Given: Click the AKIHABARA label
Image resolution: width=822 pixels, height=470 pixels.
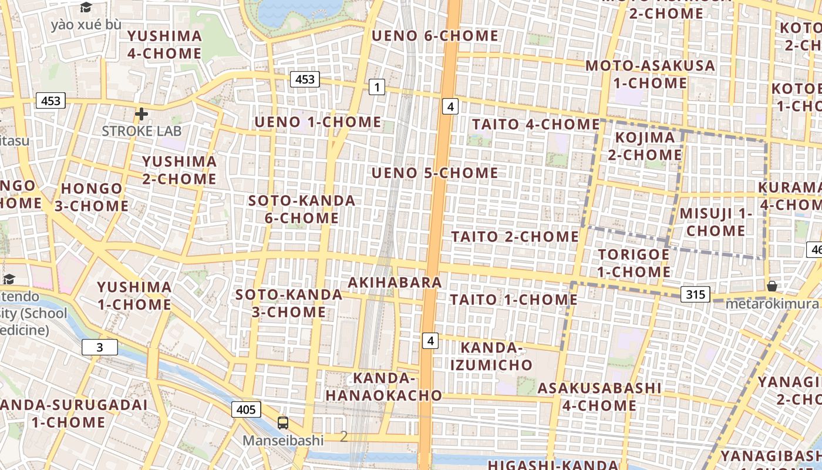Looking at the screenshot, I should tap(395, 283).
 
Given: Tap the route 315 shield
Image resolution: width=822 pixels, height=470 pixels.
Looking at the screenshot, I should tap(696, 294).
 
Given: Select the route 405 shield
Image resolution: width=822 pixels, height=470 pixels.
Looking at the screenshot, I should tap(246, 409).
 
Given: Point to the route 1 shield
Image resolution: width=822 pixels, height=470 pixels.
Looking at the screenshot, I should tap(376, 88).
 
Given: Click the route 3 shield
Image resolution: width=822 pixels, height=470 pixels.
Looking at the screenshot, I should tap(99, 347).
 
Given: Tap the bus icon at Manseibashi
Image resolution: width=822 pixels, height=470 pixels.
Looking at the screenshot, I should tap(283, 422).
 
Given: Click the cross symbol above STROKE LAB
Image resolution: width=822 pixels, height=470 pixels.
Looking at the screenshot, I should tap(141, 113).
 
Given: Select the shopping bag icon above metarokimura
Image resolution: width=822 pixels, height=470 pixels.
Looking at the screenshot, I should tap(772, 286).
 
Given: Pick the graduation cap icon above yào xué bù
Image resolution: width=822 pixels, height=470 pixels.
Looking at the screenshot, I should tap(86, 8).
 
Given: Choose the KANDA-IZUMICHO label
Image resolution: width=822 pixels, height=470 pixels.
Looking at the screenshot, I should tap(491, 357).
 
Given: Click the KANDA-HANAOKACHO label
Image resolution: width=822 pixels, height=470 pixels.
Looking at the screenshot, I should tap(384, 387).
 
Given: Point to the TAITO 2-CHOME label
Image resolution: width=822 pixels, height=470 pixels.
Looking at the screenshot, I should tap(515, 236).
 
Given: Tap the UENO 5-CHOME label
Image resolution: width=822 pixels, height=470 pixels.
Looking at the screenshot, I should tap(435, 173).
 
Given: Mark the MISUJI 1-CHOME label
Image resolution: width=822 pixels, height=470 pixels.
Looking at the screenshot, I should tap(716, 222).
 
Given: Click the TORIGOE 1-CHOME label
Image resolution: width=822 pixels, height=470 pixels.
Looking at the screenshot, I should tap(634, 263).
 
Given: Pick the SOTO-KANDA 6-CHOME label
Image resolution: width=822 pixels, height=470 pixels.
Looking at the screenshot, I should tap(302, 209).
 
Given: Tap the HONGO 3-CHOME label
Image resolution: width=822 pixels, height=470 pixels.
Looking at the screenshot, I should tap(92, 197).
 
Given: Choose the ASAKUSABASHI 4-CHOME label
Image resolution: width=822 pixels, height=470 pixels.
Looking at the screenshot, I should tap(599, 397).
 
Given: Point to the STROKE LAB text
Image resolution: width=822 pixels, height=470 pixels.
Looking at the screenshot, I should tap(142, 130).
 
